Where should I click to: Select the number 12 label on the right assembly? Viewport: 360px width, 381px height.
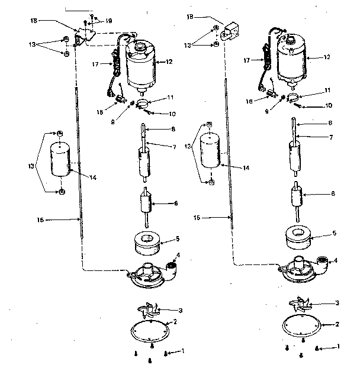[328, 57]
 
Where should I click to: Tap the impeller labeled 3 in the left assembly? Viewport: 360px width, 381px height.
[150, 311]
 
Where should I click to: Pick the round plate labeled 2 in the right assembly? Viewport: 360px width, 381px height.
[302, 325]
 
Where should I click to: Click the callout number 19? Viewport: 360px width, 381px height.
[110, 21]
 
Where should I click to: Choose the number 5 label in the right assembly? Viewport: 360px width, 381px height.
[335, 234]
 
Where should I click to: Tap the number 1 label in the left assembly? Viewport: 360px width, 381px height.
[184, 351]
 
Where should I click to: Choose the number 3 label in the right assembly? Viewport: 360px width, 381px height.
[337, 303]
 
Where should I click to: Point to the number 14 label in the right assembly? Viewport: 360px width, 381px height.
[246, 168]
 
